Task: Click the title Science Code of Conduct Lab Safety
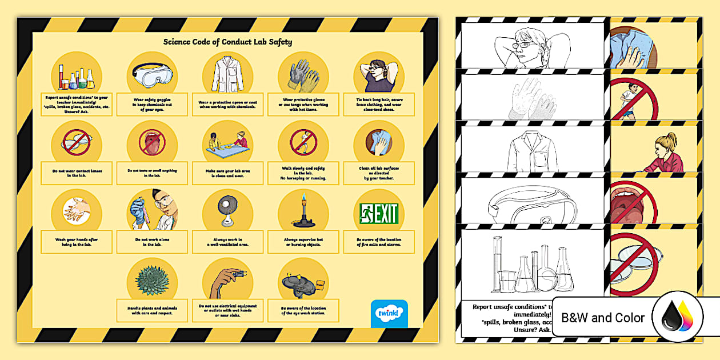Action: click(x=228, y=42)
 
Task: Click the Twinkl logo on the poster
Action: click(x=389, y=313)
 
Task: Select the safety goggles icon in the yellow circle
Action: click(x=152, y=75)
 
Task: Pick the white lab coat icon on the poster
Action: click(x=227, y=75)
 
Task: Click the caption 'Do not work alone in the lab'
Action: click(x=152, y=242)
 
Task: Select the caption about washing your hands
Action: click(x=77, y=242)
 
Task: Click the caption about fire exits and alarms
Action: click(x=378, y=242)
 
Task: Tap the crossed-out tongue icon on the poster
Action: click(x=152, y=142)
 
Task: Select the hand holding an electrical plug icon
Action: click(x=227, y=281)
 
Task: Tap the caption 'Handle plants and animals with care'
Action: click(x=152, y=310)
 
